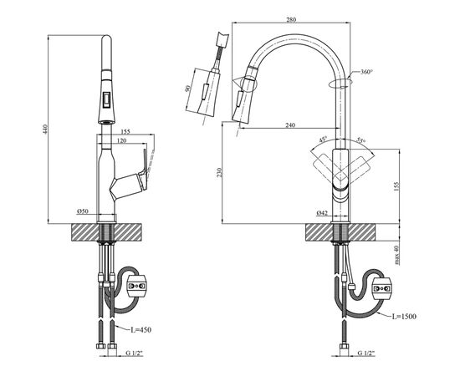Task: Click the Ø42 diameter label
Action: point(322,211)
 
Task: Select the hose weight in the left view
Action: point(141,286)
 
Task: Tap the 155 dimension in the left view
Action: point(125,131)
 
